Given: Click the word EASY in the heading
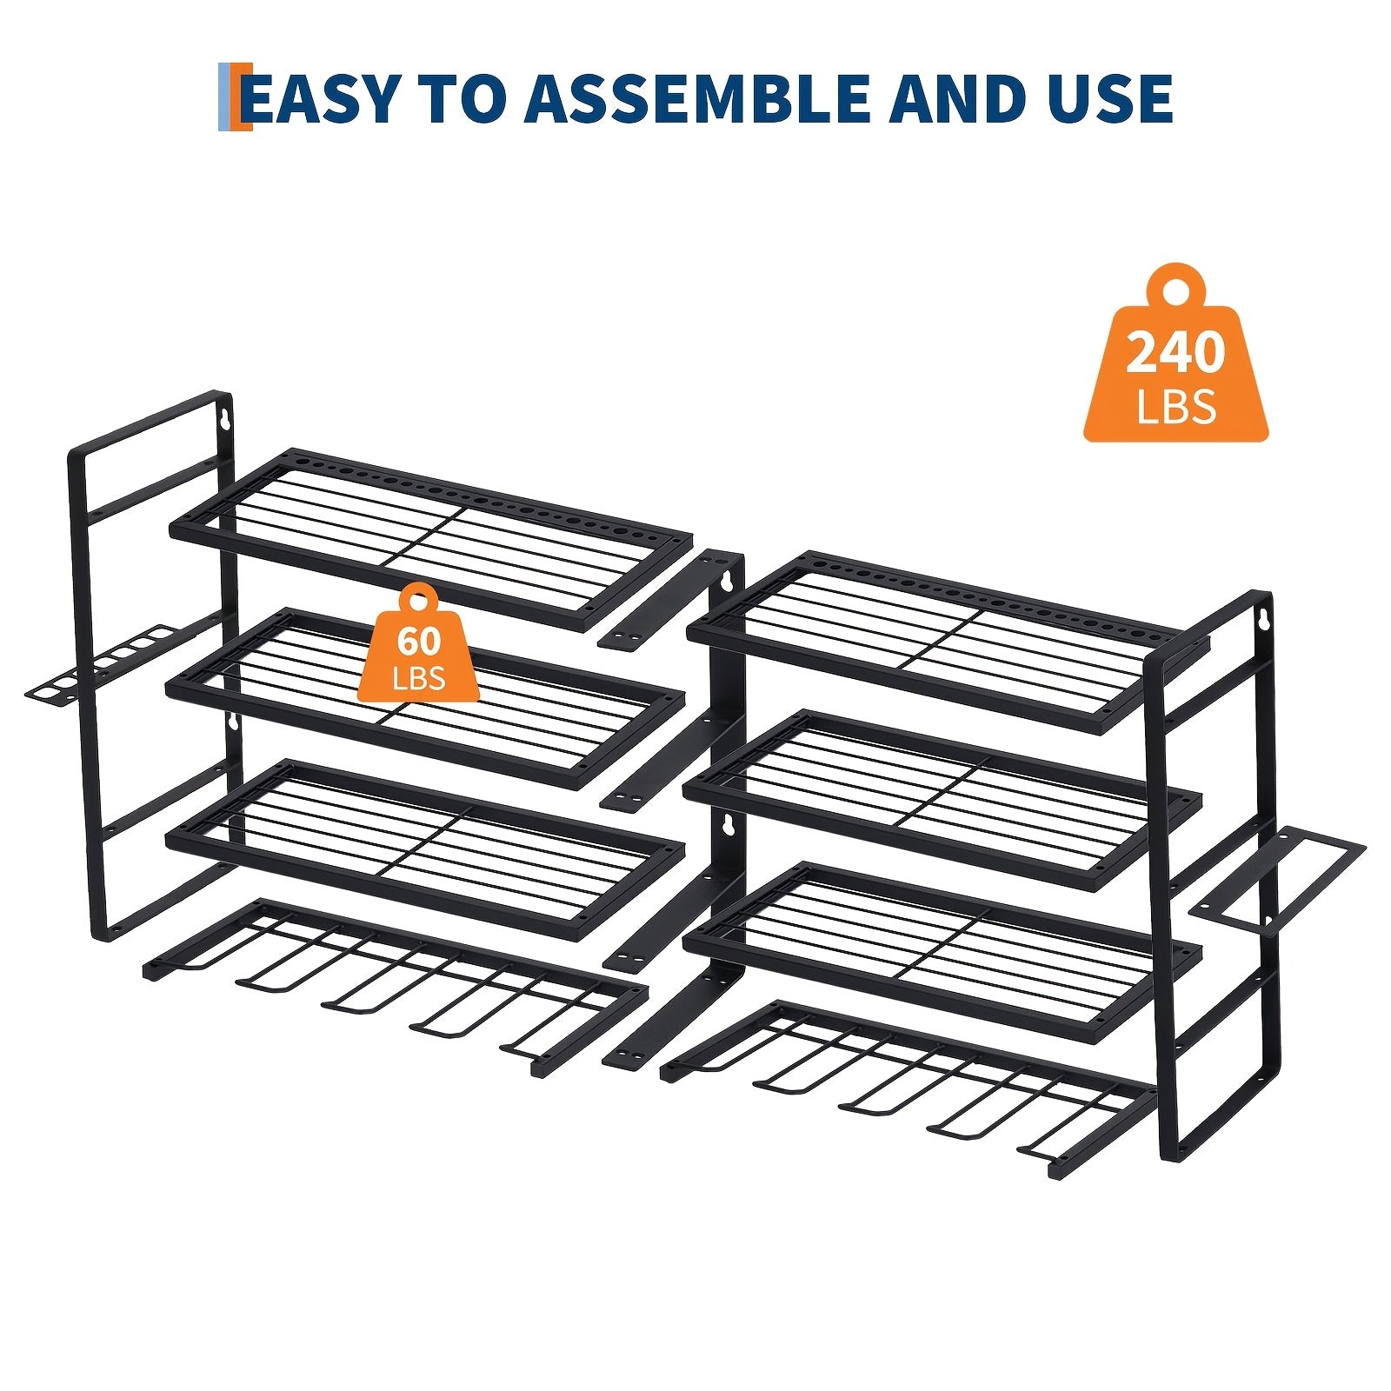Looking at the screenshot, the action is (321, 97).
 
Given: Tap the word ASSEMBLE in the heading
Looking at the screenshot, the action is (696, 97).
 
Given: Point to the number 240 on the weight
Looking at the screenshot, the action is (1175, 352).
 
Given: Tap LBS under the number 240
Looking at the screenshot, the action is (1175, 406).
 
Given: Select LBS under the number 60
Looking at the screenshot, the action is (419, 677).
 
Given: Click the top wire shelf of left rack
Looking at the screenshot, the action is (431, 539).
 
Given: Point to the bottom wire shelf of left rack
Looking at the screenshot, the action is (425, 849).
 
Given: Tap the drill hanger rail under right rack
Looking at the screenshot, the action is (908, 1089).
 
